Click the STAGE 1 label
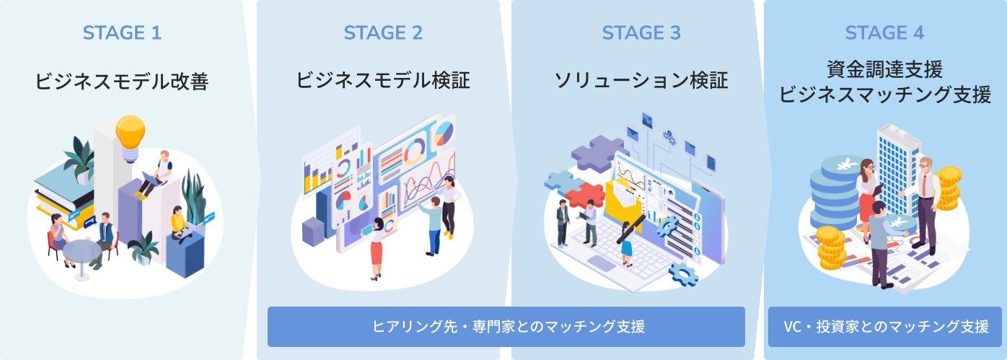pos(121,33)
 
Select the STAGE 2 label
pos(383,33)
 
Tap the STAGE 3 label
pos(641,33)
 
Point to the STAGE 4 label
pos(884,33)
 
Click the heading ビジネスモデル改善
pos(121,82)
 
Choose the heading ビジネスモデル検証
pos(383,80)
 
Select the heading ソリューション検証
pos(641,80)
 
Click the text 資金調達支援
pos(884,70)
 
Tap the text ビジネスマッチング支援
pos(884,95)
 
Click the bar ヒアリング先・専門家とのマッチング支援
pos(506,326)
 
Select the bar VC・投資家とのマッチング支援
pos(884,326)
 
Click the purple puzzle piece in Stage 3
pos(598,152)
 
